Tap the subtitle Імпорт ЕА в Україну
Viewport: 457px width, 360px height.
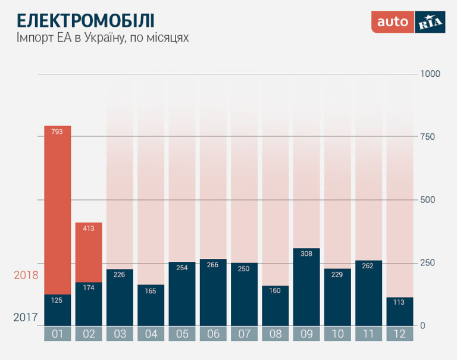point(102,38)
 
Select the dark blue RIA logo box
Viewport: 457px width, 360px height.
point(430,22)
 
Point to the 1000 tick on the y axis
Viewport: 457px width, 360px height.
point(430,74)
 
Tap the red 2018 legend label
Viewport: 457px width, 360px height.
point(26,276)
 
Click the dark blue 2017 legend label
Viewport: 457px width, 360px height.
point(26,318)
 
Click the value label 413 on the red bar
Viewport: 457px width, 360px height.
point(89,228)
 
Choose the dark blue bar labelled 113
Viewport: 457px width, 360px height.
point(399,313)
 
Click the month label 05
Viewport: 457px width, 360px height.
point(182,334)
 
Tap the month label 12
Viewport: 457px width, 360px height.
point(399,334)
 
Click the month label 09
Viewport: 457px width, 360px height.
point(306,334)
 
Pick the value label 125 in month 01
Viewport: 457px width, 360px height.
point(58,300)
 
